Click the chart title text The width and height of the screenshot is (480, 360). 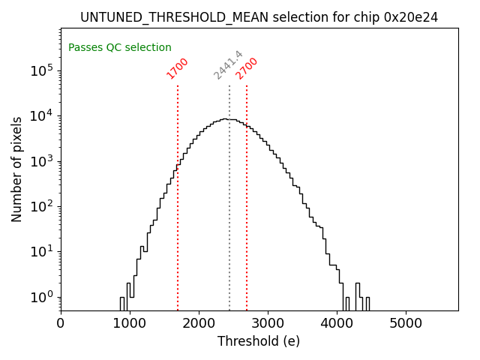259,16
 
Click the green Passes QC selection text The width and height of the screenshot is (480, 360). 120,47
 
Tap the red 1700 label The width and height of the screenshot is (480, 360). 178,68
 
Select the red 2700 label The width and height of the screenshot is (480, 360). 247,68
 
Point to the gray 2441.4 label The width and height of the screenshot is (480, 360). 228,65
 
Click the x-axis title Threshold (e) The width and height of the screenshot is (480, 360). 259,341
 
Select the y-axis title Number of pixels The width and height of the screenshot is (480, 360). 17,169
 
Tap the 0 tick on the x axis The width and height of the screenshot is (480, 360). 61,324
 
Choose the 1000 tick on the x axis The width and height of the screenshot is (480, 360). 130,324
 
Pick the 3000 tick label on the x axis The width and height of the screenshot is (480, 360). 268,324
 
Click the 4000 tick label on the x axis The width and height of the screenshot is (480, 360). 337,324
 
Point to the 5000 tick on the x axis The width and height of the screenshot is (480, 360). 406,324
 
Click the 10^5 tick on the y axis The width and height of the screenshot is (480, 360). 41,70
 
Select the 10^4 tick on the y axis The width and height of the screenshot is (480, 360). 41,115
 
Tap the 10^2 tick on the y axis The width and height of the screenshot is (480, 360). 41,206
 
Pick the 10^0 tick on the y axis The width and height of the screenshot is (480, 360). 41,297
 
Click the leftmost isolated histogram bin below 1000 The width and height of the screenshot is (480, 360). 122,304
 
